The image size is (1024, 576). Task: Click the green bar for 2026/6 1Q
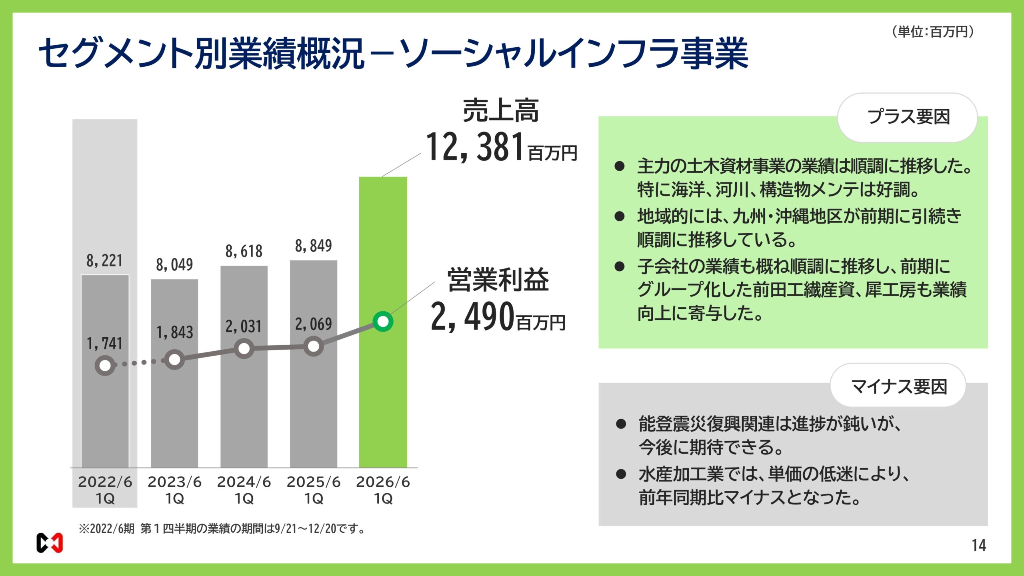click(383, 400)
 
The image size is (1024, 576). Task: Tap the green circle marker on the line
click(383, 321)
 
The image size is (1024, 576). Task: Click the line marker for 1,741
click(105, 365)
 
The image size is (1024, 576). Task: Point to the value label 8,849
click(313, 246)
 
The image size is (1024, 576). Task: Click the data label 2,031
click(244, 326)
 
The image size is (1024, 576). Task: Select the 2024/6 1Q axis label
click(244, 490)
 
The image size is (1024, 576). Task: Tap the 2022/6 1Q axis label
click(105, 490)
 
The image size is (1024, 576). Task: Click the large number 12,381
click(475, 147)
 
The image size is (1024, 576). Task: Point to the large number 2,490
click(472, 317)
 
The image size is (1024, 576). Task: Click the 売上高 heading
click(500, 111)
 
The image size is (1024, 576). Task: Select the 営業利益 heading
click(498, 280)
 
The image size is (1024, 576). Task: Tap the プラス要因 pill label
click(908, 117)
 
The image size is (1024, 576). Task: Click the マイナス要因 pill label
click(898, 386)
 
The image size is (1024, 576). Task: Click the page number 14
click(978, 546)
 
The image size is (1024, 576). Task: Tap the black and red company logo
click(50, 543)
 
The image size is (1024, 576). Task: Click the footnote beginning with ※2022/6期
click(222, 529)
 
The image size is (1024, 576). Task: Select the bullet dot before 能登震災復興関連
click(621, 424)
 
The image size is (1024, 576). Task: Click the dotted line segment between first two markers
click(139, 363)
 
